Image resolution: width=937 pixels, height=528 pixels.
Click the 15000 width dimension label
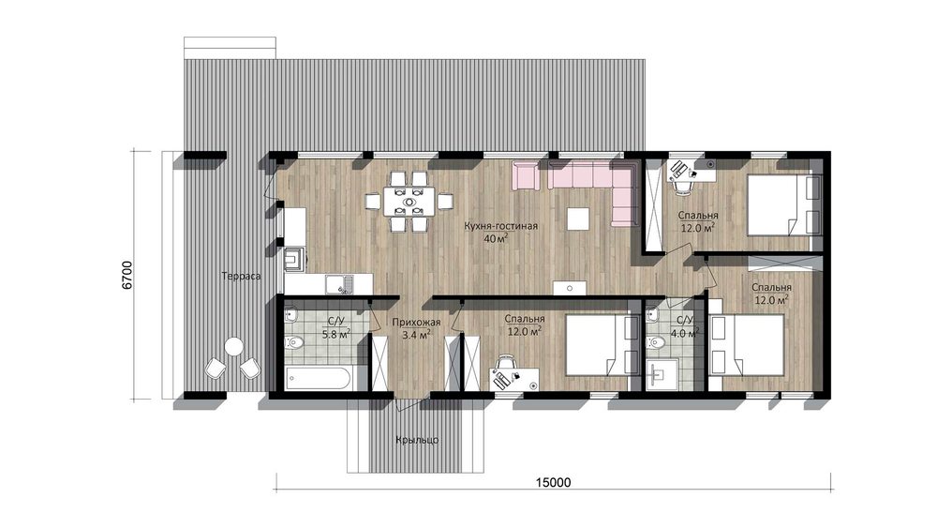[x=553, y=482]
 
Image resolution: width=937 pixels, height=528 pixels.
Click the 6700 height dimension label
[x=126, y=275]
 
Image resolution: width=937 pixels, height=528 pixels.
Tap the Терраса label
[x=241, y=277]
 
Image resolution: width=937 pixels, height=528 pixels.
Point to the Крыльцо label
[x=417, y=440]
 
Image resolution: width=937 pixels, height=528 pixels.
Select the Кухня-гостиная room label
[x=502, y=226]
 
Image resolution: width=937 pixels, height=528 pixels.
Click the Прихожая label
[x=416, y=323]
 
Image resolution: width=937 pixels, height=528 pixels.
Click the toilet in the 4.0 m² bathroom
[x=656, y=342]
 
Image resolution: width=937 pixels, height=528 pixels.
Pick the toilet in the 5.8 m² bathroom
[x=294, y=342]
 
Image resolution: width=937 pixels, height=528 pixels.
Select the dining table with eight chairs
[x=410, y=202]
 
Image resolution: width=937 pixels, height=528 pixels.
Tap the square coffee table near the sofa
[x=576, y=219]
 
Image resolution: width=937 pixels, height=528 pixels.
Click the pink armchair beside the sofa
[x=526, y=174]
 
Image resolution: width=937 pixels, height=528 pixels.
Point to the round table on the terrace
[x=233, y=346]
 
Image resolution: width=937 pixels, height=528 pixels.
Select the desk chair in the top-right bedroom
[x=682, y=187]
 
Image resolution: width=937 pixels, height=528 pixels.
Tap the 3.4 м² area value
[x=417, y=335]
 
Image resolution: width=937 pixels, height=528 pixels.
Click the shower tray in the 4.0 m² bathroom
[x=662, y=375]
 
